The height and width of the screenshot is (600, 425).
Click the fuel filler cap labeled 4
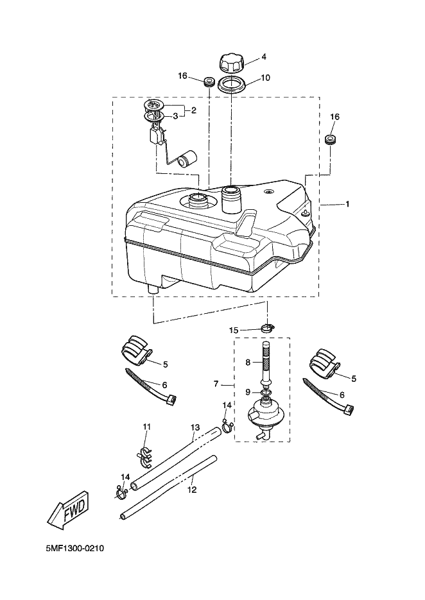(x=231, y=64)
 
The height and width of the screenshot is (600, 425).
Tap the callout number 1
(x=347, y=204)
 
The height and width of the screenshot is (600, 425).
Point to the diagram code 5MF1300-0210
(x=75, y=549)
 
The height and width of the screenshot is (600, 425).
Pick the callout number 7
(x=216, y=384)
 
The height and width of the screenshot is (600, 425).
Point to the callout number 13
(x=195, y=427)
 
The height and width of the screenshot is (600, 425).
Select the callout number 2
(x=193, y=110)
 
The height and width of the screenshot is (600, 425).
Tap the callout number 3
(x=175, y=116)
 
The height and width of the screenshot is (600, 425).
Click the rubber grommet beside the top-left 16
(x=207, y=82)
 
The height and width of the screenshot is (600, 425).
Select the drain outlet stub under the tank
(x=153, y=290)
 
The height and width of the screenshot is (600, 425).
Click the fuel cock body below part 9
(x=264, y=414)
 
